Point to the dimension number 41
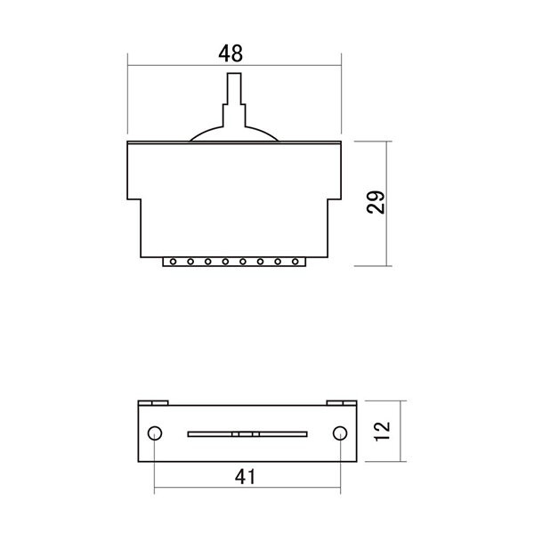246,477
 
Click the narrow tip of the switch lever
235,85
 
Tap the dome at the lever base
235,133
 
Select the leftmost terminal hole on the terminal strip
172,262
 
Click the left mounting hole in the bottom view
155,433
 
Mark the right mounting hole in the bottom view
339,433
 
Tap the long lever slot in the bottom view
247,434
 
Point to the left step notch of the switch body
135,201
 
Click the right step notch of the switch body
335,201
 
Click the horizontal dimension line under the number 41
247,489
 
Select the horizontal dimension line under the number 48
235,64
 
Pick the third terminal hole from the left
206,262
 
